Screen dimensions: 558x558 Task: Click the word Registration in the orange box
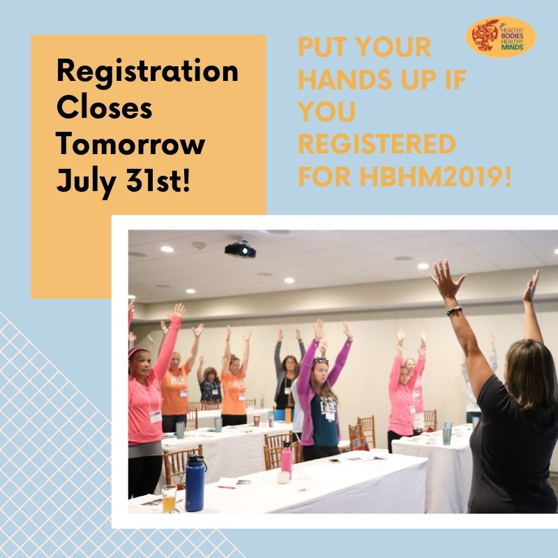pyautogui.click(x=147, y=73)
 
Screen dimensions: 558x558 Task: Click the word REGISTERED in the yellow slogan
pyautogui.click(x=377, y=145)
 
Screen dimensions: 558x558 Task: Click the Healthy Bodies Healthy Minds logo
pyautogui.click(x=500, y=37)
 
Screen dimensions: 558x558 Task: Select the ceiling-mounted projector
pyautogui.click(x=239, y=250)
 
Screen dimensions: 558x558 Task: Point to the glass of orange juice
pyautogui.click(x=169, y=498)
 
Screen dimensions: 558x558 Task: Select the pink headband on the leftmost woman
pyautogui.click(x=137, y=352)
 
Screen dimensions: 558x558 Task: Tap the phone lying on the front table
pyautogui.click(x=334, y=460)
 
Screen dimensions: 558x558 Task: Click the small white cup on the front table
pyautogui.click(x=282, y=478)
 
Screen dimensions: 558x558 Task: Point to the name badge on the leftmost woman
pyautogui.click(x=155, y=416)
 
